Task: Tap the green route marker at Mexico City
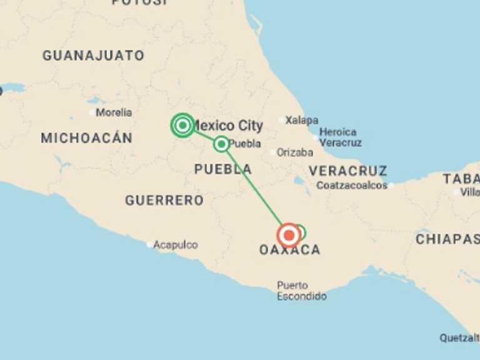182,126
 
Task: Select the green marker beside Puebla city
221,144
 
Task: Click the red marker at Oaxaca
289,235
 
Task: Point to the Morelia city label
114,112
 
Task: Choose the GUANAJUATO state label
93,56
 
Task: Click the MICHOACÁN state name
86,138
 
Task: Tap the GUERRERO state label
164,201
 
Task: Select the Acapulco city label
176,245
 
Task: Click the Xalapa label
302,120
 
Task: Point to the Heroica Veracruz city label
340,137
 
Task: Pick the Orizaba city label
295,152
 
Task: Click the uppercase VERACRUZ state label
347,171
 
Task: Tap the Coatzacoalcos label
352,186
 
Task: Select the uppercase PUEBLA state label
223,169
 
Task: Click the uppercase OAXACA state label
289,251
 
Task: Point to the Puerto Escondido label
302,291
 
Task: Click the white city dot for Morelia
92,112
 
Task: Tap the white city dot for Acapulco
149,245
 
